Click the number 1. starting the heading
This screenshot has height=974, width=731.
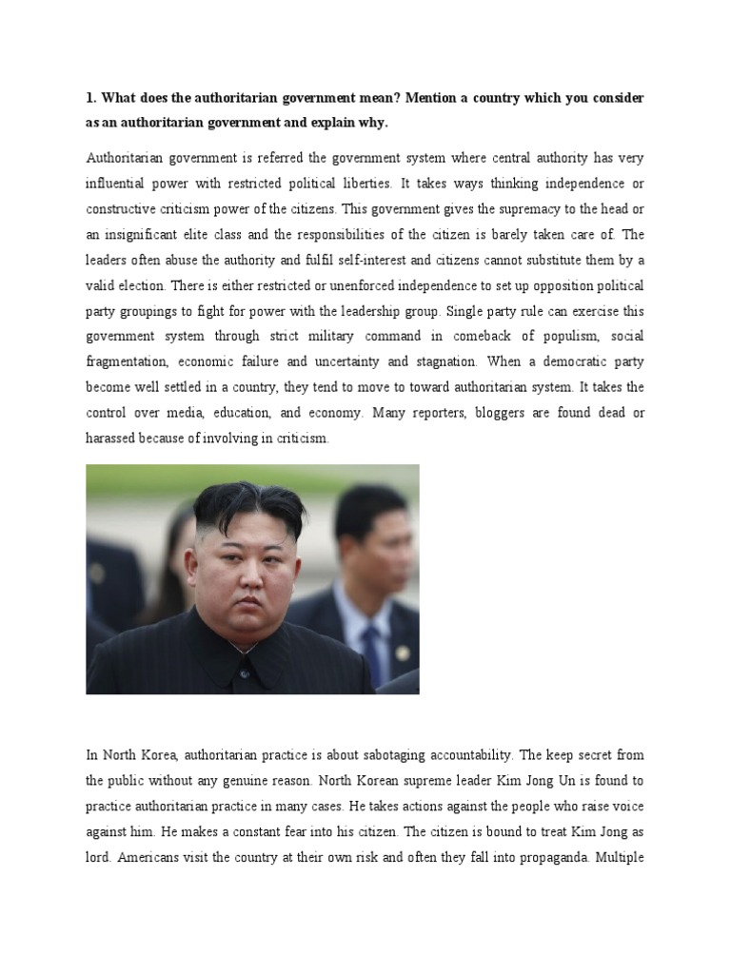91,99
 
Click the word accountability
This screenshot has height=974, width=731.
456,755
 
